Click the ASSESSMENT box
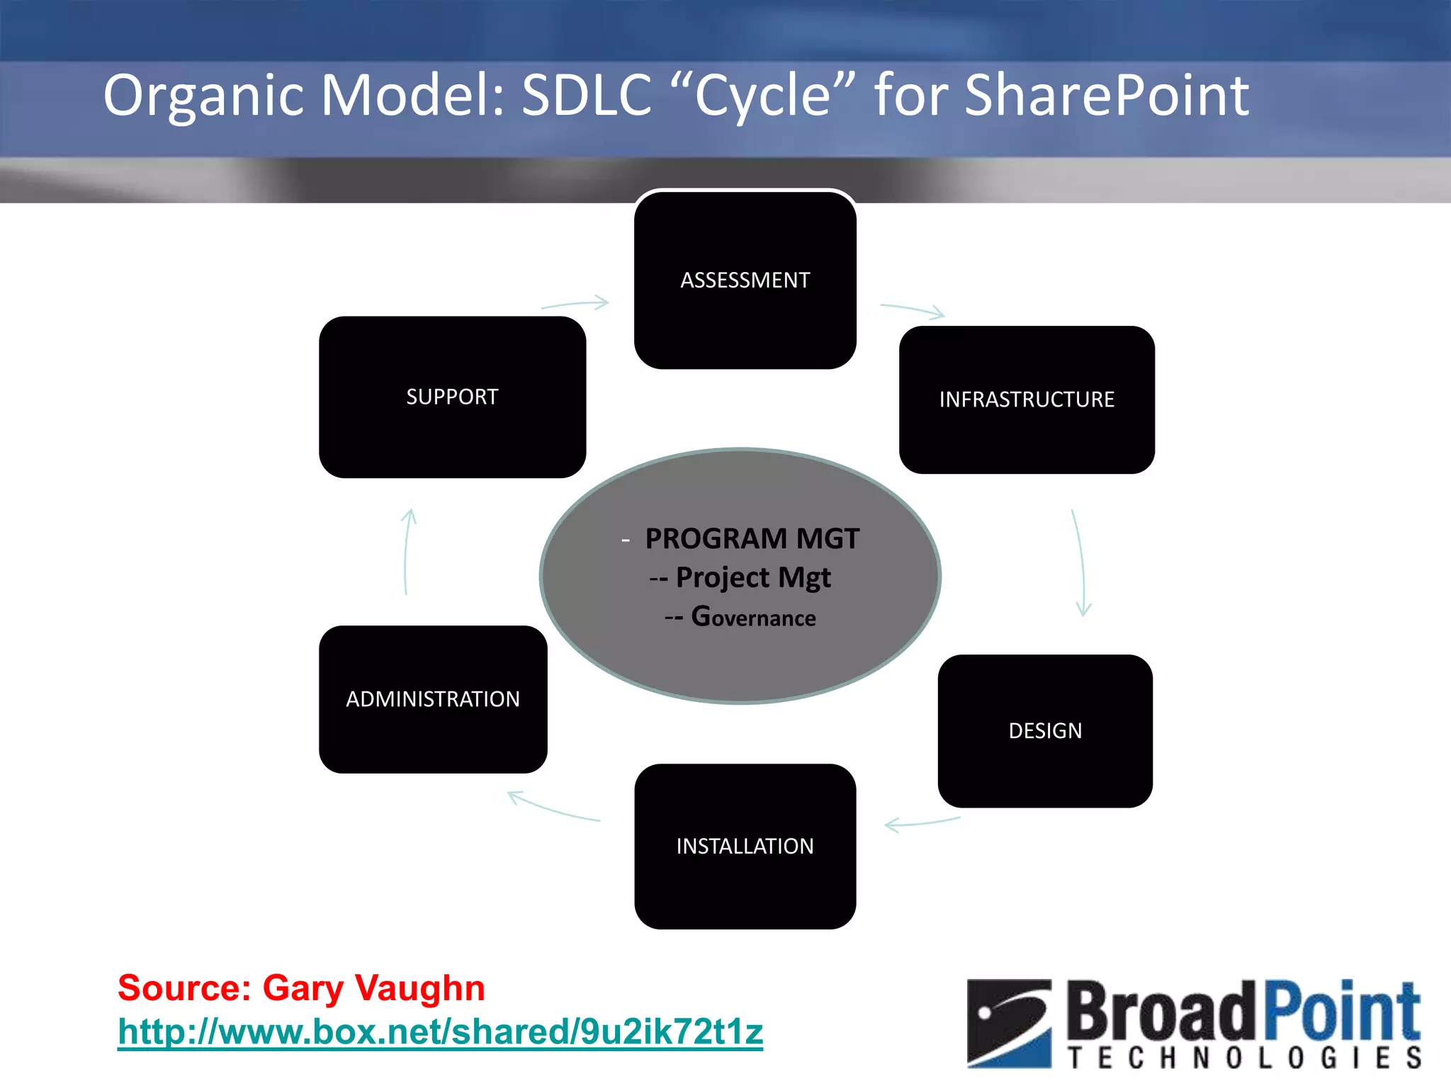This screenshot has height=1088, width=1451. coord(745,280)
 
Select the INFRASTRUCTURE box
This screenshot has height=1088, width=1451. coord(1027,399)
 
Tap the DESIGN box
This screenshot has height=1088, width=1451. coord(1045,730)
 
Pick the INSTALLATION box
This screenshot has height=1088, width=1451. coord(745,846)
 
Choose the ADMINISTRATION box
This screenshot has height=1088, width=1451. coord(433,699)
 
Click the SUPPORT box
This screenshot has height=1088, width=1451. coord(452,397)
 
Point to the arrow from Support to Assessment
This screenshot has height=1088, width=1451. coord(575,305)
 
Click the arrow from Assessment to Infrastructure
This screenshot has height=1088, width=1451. coord(913,310)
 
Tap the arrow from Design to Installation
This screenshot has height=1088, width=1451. coord(922,823)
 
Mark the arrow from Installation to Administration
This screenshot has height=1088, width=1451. coord(553,808)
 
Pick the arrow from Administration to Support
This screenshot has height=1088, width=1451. coord(407,552)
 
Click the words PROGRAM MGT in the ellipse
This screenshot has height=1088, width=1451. coord(752,539)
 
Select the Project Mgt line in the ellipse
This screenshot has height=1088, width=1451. coord(752,578)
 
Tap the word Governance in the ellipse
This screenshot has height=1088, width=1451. coord(753,617)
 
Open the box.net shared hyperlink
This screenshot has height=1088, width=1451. coord(440,1031)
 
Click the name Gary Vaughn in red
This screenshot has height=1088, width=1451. coord(373,987)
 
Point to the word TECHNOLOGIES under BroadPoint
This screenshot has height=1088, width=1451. coord(1245,1058)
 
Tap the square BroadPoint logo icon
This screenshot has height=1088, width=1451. coord(1009,1023)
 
